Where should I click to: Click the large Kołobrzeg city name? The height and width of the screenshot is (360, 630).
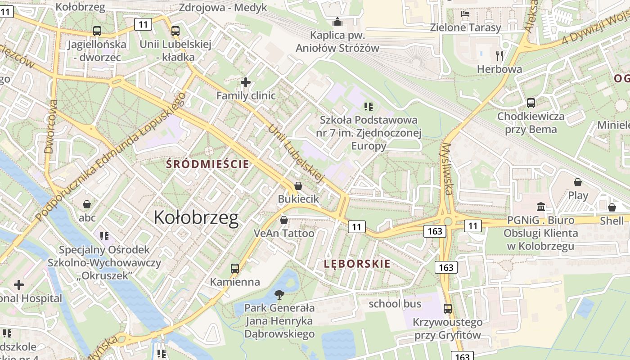(x=196, y=218)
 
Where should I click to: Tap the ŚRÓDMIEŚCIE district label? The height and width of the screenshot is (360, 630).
(x=207, y=164)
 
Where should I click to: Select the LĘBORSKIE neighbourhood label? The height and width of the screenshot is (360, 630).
(x=357, y=264)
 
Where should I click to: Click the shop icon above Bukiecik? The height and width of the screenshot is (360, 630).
(x=298, y=185)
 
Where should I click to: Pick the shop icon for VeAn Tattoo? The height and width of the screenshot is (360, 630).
(x=284, y=220)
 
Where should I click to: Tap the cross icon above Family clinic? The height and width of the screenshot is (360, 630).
(x=246, y=82)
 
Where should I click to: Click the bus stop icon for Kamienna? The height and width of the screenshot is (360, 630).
(x=235, y=269)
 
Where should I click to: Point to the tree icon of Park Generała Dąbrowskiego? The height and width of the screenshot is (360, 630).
(x=279, y=295)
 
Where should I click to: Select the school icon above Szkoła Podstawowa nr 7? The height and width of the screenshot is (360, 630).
(x=369, y=107)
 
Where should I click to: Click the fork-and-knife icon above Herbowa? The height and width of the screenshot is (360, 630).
(x=499, y=55)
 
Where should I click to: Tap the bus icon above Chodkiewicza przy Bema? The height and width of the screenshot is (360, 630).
(x=531, y=103)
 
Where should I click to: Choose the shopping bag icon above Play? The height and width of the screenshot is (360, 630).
(x=578, y=182)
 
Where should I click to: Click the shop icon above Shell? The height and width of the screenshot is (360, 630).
(x=612, y=207)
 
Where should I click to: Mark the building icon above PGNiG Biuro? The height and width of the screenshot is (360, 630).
(x=541, y=207)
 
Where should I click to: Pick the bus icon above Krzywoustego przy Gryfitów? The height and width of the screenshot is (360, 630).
(x=448, y=309)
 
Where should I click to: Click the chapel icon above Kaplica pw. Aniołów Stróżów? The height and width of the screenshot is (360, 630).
(x=337, y=21)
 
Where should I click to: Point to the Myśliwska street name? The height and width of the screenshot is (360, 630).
(x=447, y=169)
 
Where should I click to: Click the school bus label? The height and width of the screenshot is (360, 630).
(x=395, y=304)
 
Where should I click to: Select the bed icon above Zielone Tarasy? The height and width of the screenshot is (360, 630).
(x=465, y=14)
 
